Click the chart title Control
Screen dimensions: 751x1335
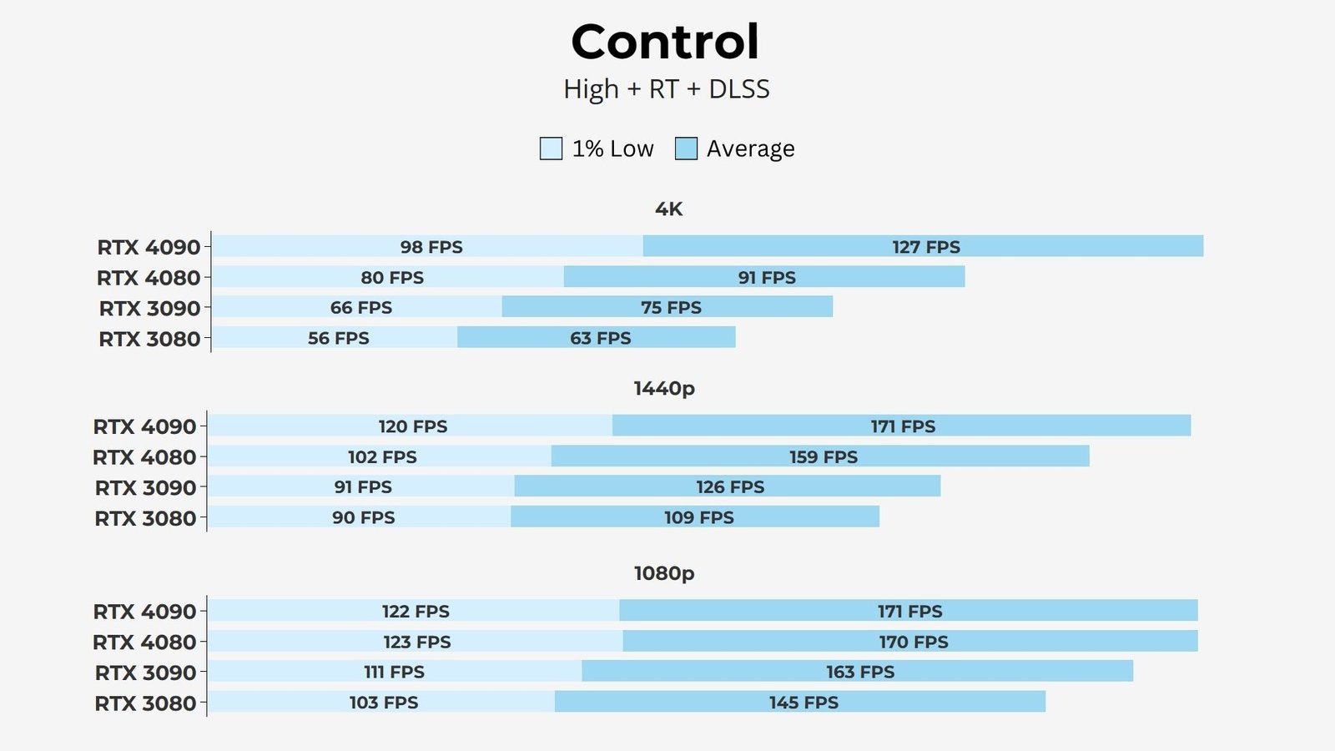click(x=665, y=42)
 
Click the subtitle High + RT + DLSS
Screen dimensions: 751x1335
click(x=666, y=89)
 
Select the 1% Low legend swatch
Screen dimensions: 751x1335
click(x=551, y=149)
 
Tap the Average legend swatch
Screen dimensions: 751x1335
click(x=686, y=149)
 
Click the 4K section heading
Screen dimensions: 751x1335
click(x=668, y=209)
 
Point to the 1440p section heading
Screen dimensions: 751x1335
click(x=664, y=389)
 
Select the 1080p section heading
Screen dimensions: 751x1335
click(x=664, y=573)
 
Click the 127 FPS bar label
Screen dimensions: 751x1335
click(x=926, y=247)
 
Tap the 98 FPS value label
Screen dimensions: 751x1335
click(x=431, y=247)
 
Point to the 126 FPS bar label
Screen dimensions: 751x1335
click(x=730, y=487)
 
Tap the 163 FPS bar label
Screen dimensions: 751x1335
click(x=860, y=673)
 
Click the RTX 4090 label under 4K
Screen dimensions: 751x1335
click(x=149, y=248)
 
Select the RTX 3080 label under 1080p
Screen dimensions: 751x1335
click(x=145, y=703)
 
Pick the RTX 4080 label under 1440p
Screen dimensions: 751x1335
click(x=144, y=457)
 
